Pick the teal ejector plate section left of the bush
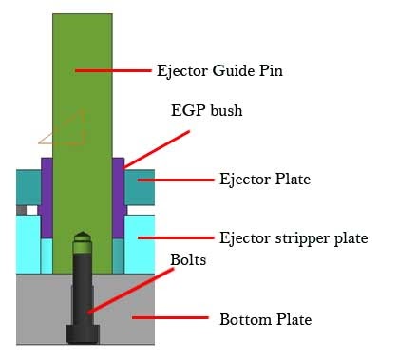tap(27, 185)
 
